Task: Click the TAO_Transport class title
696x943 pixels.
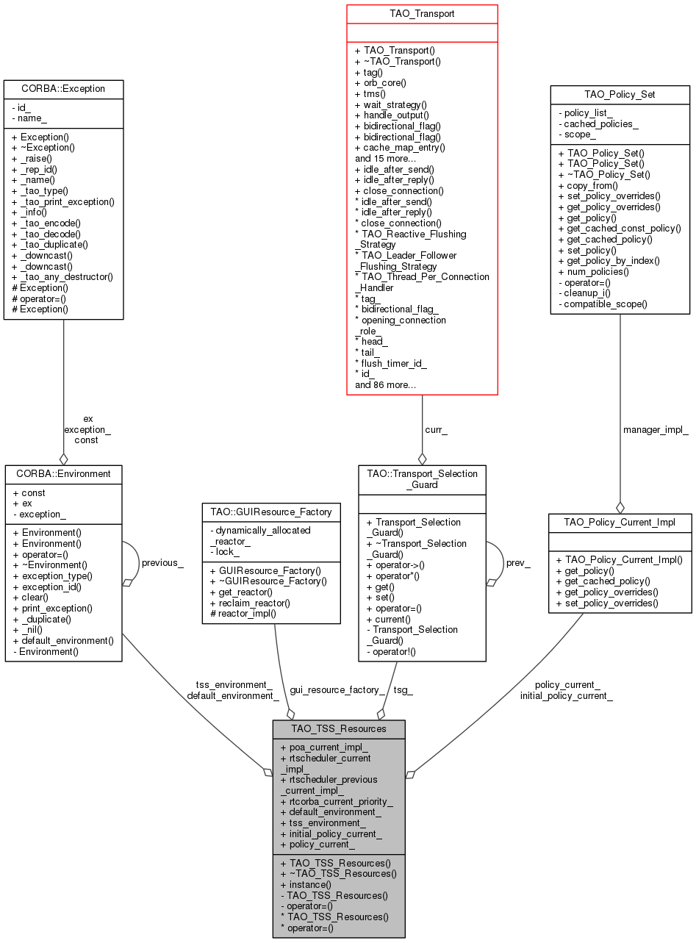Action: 422,13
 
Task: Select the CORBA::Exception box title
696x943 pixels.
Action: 62,89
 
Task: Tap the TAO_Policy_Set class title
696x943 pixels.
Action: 620,95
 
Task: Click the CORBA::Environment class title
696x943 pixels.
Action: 63,474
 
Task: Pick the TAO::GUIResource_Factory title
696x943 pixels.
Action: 271,512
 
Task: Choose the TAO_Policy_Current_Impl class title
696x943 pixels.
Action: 620,522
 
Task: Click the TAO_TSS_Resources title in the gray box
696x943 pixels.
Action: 339,728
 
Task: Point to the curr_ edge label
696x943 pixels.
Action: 436,430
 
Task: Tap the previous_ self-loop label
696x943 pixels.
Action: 162,562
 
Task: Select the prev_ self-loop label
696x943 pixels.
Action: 518,562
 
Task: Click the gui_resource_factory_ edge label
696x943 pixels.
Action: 337,689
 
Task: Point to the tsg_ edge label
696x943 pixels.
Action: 403,689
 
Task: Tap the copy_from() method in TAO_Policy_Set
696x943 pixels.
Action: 587,186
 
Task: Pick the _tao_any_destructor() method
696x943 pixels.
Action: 62,276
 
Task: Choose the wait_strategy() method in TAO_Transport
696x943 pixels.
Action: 390,105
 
